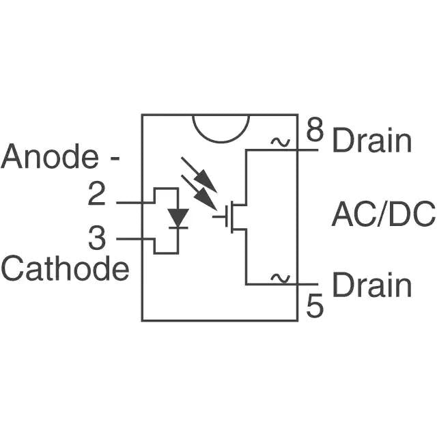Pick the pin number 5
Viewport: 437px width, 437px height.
pyautogui.click(x=314, y=307)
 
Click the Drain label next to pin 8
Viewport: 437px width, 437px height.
pyautogui.click(x=372, y=141)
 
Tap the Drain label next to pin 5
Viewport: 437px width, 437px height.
pyautogui.click(x=372, y=285)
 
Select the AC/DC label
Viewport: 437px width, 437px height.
pyautogui.click(x=382, y=214)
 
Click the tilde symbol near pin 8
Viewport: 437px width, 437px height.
pyautogui.click(x=279, y=142)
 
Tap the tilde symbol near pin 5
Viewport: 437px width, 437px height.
pyautogui.click(x=279, y=277)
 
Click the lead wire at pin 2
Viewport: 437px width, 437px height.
pyautogui.click(x=130, y=203)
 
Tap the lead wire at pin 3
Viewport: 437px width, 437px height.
pyautogui.click(x=130, y=239)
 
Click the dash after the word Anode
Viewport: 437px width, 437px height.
pyautogui.click(x=115, y=158)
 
